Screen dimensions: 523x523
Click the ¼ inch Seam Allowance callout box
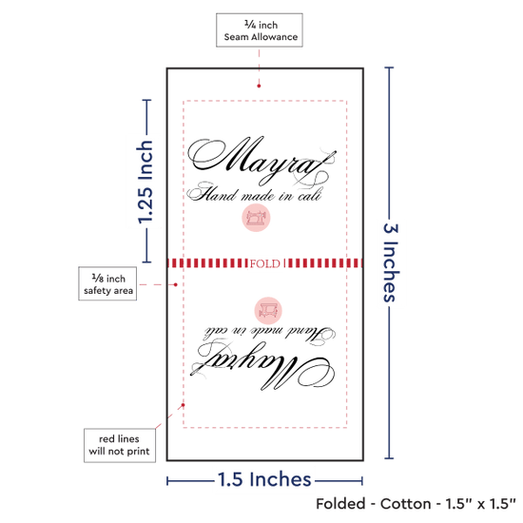(260, 30)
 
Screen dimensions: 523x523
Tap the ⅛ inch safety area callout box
(107, 283)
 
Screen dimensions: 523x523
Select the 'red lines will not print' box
(120, 445)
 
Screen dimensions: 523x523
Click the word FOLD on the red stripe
(265, 263)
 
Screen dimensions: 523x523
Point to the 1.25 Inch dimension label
(145, 182)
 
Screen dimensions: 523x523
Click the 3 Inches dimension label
(391, 262)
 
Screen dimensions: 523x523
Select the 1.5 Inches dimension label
(264, 479)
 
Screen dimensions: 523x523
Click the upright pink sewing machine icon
(256, 218)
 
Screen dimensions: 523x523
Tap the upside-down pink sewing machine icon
(268, 311)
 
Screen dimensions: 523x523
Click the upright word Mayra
(261, 161)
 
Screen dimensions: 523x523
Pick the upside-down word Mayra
(262, 366)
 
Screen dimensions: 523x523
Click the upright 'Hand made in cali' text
(254, 193)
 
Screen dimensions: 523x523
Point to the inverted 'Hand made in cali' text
(269, 335)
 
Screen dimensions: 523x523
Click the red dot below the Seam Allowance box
(259, 86)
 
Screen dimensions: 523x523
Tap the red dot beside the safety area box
(176, 284)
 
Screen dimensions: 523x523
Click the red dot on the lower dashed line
(183, 405)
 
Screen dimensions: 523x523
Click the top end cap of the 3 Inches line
(389, 68)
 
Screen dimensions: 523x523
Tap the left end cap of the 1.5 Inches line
(167, 481)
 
